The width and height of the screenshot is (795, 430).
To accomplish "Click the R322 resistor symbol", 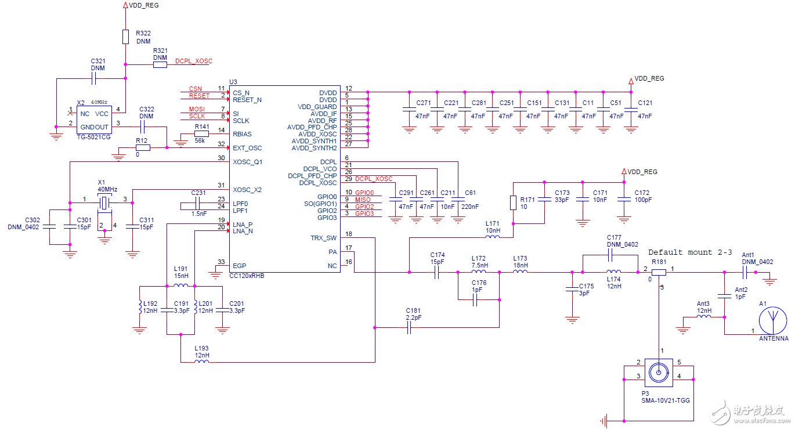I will coord(125,37).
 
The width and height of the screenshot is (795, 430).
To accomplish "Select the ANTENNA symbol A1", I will coord(773,320).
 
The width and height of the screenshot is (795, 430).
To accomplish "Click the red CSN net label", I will coord(196,89).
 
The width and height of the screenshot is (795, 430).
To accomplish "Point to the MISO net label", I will coord(363,200).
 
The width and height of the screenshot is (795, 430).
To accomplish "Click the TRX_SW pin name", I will coord(323,238).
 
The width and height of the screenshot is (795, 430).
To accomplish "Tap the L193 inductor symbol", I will coord(201,362).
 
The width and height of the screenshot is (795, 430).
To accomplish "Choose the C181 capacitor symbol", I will coord(409,328).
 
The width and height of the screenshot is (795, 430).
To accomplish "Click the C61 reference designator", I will coord(470,193).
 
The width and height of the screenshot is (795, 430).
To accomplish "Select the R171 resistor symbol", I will coord(513,203).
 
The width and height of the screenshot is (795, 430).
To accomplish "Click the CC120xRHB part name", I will coord(248,276).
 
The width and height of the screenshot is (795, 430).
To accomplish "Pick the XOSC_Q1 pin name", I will coord(247,162).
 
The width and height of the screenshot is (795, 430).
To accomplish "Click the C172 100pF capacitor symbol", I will coord(624,199).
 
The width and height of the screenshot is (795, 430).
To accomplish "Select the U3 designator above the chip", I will coord(233,82).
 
